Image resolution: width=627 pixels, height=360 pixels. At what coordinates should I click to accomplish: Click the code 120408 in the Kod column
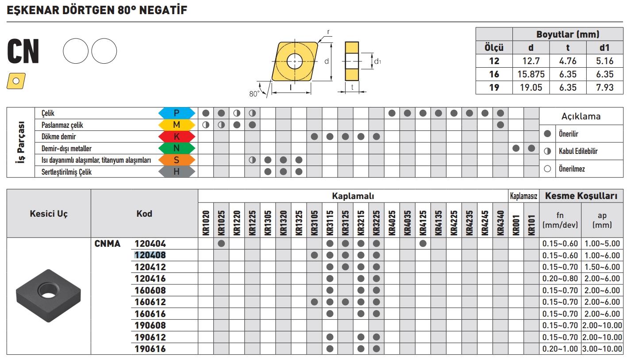150,255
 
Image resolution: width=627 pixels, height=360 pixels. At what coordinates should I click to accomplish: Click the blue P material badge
177,113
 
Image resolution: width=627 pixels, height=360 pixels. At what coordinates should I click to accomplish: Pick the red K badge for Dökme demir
177,137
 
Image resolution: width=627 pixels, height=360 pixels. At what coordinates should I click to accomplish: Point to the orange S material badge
177,160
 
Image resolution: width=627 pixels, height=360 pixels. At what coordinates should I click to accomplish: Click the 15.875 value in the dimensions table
531,75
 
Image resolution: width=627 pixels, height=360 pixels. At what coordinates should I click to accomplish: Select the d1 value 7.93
604,87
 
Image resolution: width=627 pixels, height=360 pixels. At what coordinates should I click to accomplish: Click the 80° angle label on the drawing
254,94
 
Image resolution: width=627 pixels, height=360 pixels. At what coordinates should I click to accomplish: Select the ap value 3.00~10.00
602,349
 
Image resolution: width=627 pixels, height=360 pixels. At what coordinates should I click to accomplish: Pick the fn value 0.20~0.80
560,279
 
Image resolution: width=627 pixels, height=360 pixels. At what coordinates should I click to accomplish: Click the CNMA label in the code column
108,243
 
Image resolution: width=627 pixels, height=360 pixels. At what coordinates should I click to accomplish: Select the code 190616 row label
150,349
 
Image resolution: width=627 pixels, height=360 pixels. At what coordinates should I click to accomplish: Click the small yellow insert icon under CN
16,80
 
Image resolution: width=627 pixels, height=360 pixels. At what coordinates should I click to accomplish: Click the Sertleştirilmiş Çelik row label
66,172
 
